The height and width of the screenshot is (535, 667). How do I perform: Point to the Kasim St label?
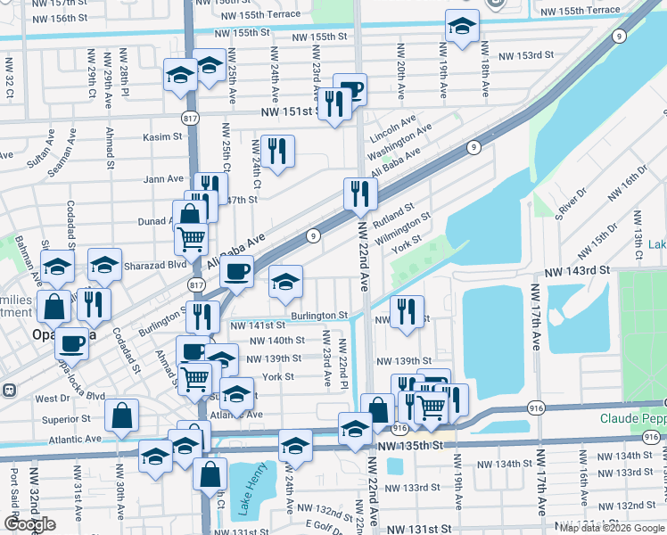[x=162, y=138]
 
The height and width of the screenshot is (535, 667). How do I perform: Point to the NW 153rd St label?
[x=526, y=55]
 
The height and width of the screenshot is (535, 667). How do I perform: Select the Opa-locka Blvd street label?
[x=81, y=383]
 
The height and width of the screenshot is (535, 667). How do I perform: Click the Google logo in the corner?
[x=30, y=524]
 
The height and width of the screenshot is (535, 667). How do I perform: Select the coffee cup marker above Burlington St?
[x=236, y=271]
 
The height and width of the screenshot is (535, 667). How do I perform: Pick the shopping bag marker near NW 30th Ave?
[x=121, y=415]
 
